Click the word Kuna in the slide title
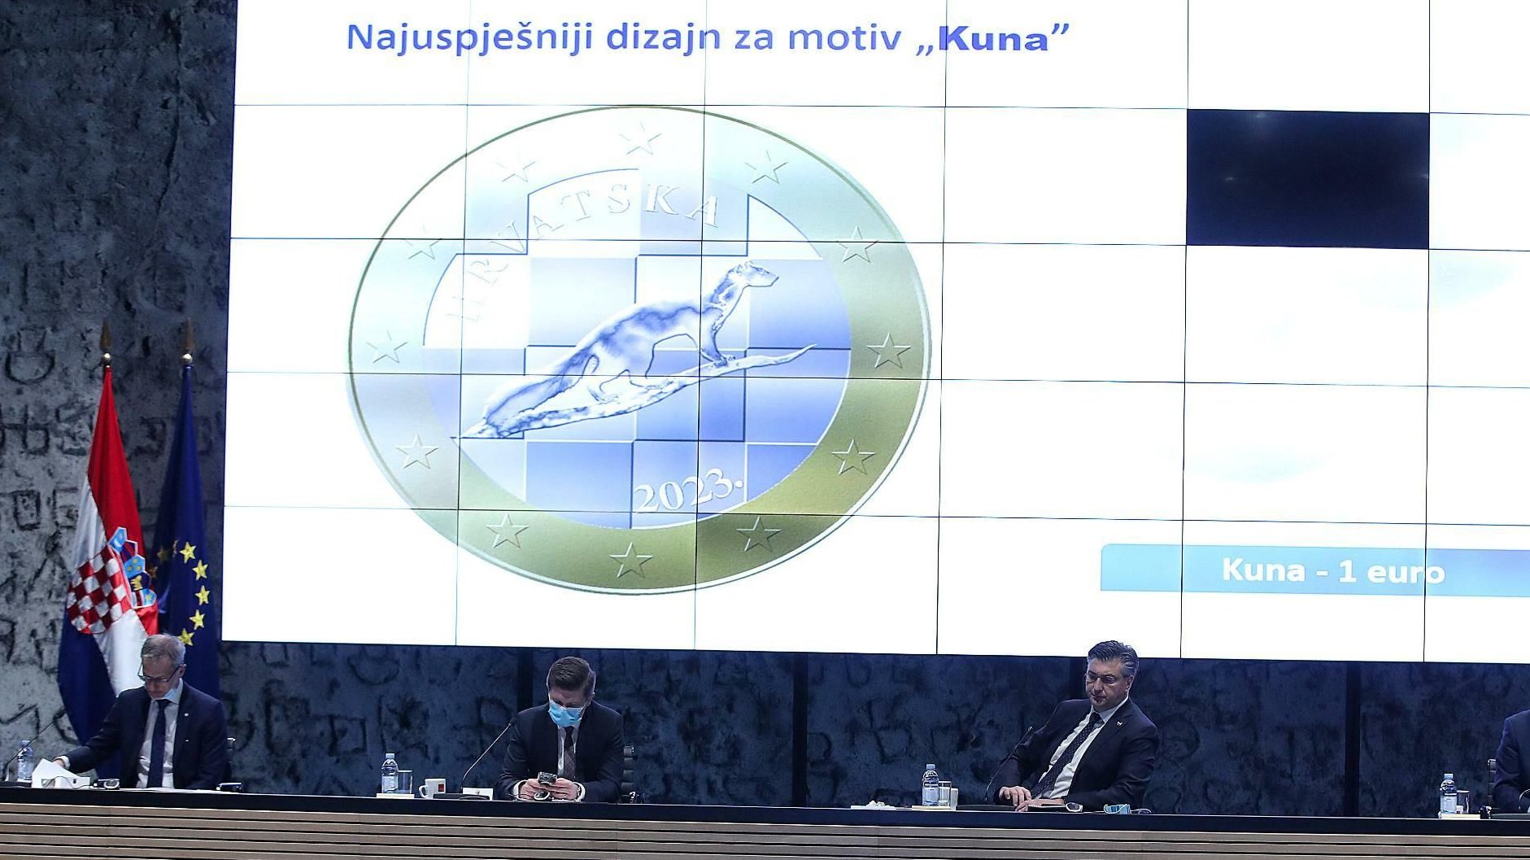[x=994, y=39]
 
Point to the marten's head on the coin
[x=752, y=275]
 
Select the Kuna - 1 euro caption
[x=1332, y=571]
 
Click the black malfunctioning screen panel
[x=1307, y=178]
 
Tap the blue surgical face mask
[x=564, y=714]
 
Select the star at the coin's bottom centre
[x=631, y=561]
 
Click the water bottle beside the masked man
[x=390, y=773]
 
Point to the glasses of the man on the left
[x=159, y=677]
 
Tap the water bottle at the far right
[x=1448, y=795]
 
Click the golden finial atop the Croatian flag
[x=105, y=342]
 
